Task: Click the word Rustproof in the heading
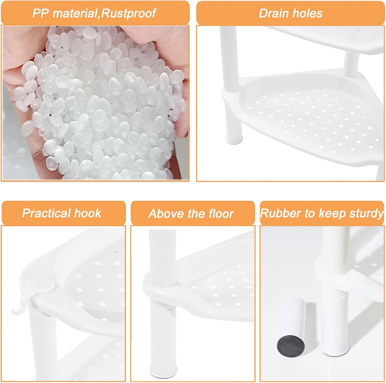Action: [128, 13]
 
